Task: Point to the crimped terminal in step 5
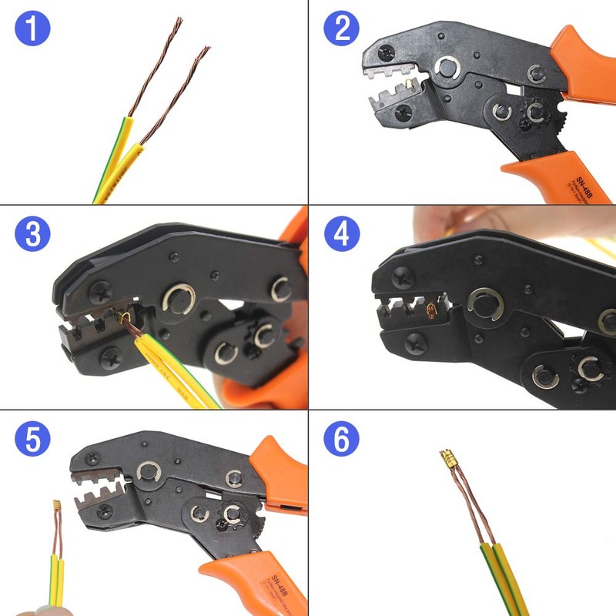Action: point(56,506)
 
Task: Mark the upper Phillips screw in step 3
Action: point(102,292)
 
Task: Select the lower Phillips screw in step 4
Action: point(416,342)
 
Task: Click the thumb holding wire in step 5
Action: point(31,611)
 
